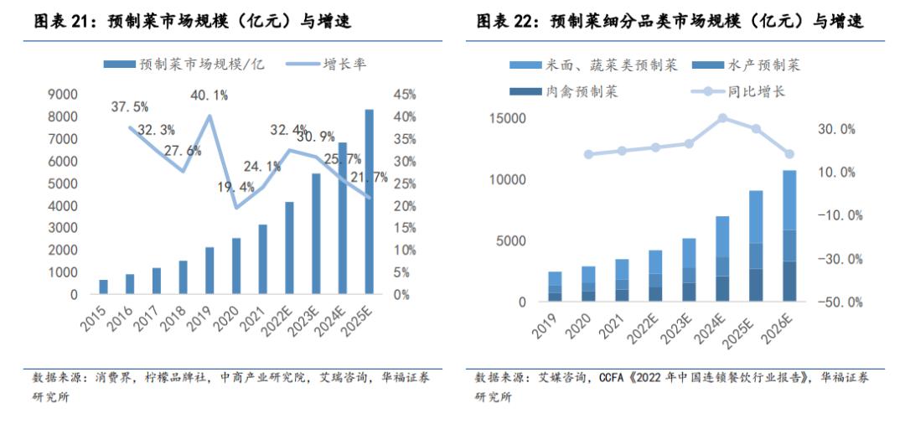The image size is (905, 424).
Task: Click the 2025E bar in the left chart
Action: [370, 202]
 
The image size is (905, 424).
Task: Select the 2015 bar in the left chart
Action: [104, 287]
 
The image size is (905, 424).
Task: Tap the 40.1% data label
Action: [209, 95]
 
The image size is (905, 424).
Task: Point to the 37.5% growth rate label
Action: [129, 106]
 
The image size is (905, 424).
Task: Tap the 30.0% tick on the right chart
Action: [836, 129]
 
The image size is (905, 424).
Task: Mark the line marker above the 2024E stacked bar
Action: [722, 118]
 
